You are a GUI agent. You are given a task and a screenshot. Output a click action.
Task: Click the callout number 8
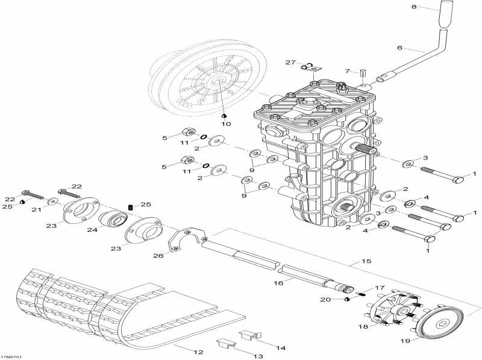(x=414, y=7)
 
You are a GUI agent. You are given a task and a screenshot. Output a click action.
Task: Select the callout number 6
(x=399, y=48)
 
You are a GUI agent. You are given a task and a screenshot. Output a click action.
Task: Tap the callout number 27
(x=290, y=63)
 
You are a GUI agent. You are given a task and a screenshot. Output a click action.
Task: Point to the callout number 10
(x=226, y=124)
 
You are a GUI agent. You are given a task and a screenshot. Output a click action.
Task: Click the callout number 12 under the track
(x=199, y=352)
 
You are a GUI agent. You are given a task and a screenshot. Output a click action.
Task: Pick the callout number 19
(x=405, y=340)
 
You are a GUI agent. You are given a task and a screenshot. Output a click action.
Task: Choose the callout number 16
(x=278, y=283)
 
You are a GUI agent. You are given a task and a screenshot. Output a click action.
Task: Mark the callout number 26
(x=158, y=255)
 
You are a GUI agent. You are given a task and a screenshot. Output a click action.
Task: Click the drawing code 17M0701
(x=11, y=357)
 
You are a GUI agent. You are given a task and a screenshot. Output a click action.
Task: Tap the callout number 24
(x=92, y=229)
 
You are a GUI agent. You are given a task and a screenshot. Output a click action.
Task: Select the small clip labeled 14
(x=250, y=335)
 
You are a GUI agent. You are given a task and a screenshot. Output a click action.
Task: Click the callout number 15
(x=366, y=261)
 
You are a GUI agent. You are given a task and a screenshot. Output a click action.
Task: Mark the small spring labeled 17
(x=362, y=294)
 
